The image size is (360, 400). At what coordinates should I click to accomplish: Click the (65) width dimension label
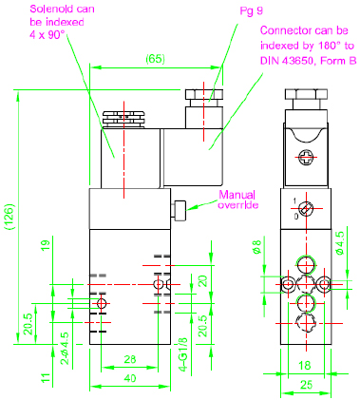[x=155, y=59]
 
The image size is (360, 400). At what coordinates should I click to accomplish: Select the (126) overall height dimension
[x=10, y=217]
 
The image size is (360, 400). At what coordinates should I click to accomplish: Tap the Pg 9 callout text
[x=252, y=11]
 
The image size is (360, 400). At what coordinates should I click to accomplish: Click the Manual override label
[x=237, y=200]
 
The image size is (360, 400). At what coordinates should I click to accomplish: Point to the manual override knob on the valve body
[x=179, y=210]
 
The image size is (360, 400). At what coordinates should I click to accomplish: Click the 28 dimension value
[x=130, y=359]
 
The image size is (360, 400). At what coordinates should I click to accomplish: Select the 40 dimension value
[x=130, y=378]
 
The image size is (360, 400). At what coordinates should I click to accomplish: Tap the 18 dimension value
[x=305, y=366]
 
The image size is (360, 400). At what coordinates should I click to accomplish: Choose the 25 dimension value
[x=306, y=385]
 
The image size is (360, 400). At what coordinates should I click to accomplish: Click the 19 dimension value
[x=46, y=246]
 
